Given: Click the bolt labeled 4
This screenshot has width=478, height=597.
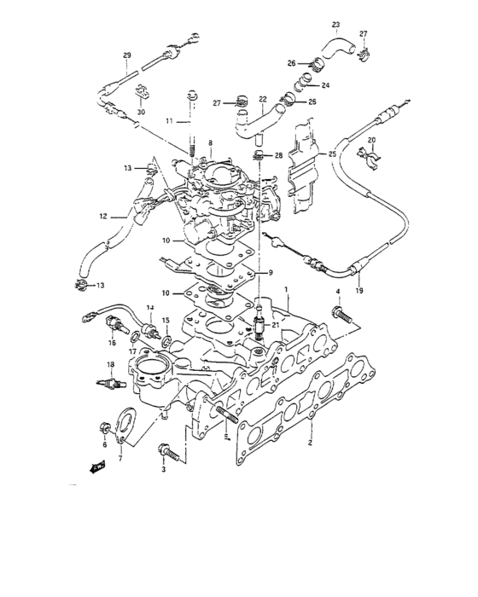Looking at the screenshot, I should (x=342, y=313).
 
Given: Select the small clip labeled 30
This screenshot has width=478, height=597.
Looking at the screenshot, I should (x=141, y=94).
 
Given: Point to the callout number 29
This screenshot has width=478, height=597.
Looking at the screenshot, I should (x=126, y=56).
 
